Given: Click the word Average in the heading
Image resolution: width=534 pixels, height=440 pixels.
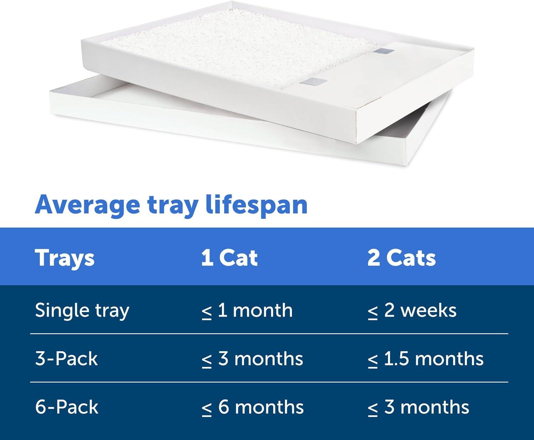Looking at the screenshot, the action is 87,206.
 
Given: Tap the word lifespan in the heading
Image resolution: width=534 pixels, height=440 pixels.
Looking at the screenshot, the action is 257,205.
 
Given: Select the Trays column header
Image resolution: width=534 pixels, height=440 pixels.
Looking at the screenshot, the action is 65,258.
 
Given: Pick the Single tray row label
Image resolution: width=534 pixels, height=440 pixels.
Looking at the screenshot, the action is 82,311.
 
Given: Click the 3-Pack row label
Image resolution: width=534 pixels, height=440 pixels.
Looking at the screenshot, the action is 67,358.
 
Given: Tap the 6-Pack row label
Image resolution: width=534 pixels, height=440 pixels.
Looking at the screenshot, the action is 67,407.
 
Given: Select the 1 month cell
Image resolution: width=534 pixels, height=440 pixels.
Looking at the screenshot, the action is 247,311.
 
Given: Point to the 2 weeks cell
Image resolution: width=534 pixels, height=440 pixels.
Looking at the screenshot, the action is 412,311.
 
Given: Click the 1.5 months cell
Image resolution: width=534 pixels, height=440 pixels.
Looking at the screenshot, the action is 426,359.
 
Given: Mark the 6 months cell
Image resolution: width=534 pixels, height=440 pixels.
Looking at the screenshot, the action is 253,407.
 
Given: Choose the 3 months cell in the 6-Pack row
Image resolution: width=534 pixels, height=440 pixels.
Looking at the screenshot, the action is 419,407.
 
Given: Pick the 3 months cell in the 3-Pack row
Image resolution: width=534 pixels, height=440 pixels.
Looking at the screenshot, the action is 252,359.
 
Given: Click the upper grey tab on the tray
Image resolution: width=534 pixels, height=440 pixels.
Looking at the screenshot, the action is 383,52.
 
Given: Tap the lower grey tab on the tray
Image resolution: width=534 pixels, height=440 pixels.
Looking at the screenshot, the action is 313,82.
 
